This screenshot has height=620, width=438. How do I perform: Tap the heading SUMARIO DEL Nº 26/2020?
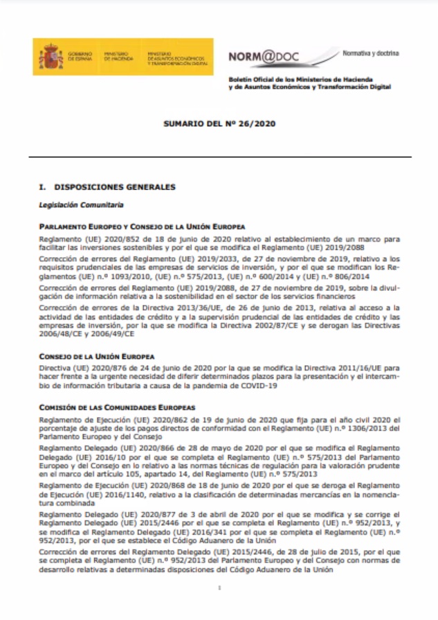219,124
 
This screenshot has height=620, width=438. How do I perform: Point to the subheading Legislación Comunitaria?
82,205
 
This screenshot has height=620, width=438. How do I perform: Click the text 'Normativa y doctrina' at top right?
371,53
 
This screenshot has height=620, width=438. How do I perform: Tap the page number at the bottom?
219,588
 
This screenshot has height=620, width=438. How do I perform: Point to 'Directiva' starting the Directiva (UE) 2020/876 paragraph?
55,367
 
